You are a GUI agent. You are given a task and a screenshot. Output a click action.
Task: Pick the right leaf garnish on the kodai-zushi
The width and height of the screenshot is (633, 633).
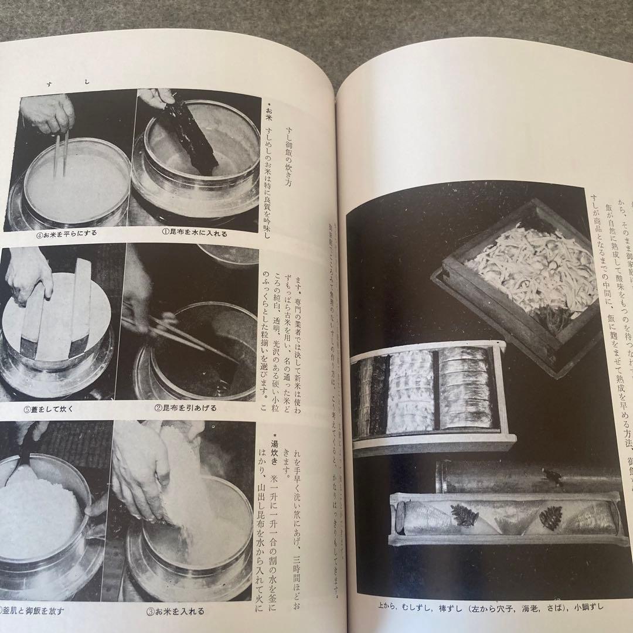pos(550,518)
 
